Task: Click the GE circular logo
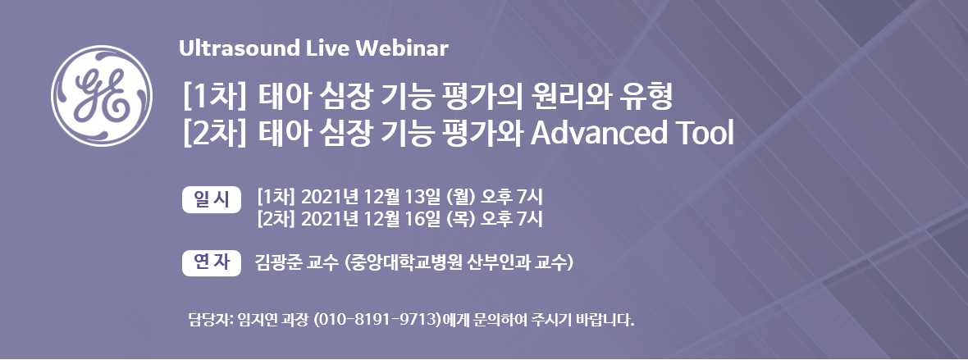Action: [x=102, y=96]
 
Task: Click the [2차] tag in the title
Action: [x=214, y=134]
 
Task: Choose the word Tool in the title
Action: [x=698, y=134]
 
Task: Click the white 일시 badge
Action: [x=212, y=198]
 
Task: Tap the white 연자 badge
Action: [x=212, y=263]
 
